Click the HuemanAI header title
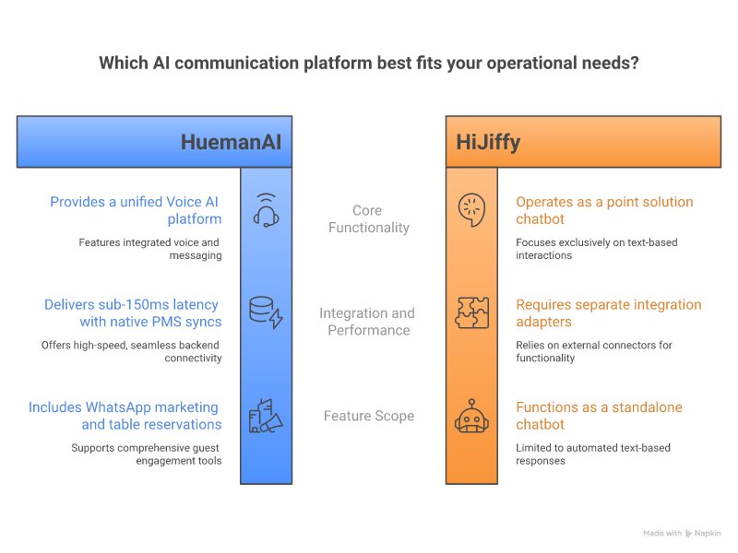tap(232, 142)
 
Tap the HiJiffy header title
tap(488, 143)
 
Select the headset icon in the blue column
tap(267, 210)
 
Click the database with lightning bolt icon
tap(266, 312)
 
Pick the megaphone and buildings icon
tap(266, 416)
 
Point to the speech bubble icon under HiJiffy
tap(471, 210)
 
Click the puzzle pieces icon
tap(471, 312)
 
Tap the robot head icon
tap(471, 416)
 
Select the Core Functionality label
tap(368, 219)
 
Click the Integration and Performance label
tap(367, 322)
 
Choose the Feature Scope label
tap(369, 416)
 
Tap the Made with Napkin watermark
tap(682, 534)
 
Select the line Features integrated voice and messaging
tap(150, 249)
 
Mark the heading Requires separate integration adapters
tap(609, 313)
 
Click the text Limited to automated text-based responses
tap(593, 454)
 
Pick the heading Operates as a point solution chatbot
tap(604, 210)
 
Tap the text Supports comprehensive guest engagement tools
tap(147, 454)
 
